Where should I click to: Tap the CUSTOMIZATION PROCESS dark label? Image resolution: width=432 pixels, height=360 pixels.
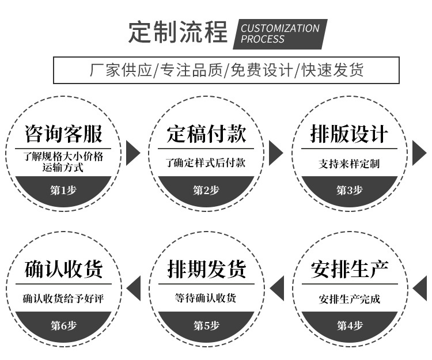pos(279,33)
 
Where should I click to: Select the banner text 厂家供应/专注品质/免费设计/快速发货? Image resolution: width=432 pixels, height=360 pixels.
pos(226,70)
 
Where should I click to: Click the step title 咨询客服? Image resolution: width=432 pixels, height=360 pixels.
pos(63,134)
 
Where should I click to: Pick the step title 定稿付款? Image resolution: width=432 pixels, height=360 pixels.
pos(206,134)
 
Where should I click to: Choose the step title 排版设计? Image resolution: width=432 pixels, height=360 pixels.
pos(349,134)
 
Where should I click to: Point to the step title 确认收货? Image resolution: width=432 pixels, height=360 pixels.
pos(63,269)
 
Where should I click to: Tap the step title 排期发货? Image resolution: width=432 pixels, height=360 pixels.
pos(206,269)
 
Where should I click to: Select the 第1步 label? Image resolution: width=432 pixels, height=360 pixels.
pos(63,190)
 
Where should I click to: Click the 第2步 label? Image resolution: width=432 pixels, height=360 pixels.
pos(206,190)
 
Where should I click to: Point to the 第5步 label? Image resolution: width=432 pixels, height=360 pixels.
pos(206,325)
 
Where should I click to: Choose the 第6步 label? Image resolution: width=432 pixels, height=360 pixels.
pos(63,325)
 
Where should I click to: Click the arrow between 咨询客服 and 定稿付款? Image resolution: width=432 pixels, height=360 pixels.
pos(133,153)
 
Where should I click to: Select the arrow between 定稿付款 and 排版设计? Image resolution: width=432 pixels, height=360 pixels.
pos(276,153)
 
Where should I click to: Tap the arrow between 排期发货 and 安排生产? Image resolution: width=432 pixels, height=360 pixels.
pos(277,288)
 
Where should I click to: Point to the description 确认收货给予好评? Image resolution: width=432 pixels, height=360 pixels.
pos(63,299)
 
